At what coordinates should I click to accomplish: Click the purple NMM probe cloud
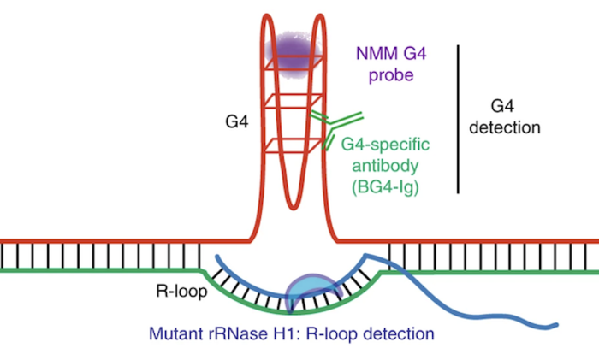pos(294,49)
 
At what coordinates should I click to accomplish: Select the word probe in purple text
pos(393,76)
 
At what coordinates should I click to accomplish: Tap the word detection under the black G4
pos(506,127)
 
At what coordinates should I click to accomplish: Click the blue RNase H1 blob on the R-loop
pos(312,292)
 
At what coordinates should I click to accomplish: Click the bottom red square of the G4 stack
pos(294,146)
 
